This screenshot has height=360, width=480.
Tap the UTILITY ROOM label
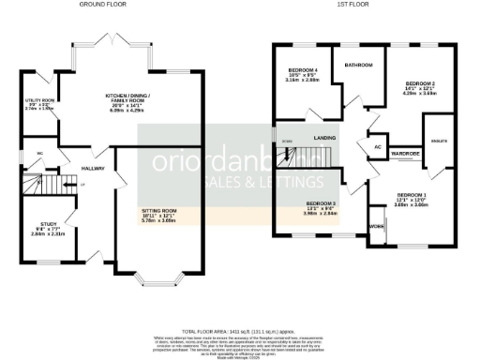39,99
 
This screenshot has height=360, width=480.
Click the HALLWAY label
93,169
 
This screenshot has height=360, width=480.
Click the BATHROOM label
359,65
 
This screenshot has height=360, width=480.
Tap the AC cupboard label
377,147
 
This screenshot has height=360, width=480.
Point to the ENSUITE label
438,139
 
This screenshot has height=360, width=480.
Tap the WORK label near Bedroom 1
376,227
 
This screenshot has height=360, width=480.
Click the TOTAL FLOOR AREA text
240,332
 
